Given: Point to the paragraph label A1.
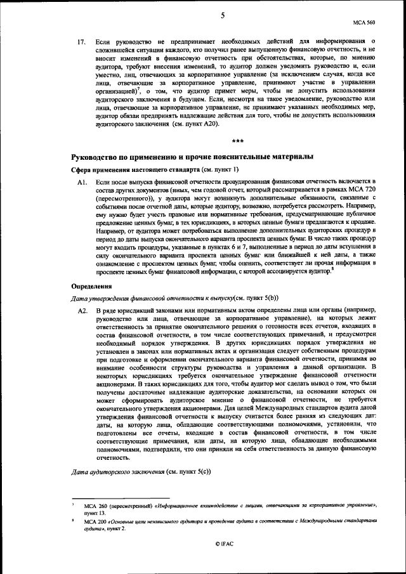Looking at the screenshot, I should click(81, 182).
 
